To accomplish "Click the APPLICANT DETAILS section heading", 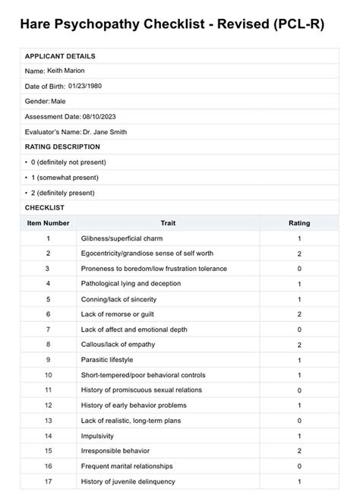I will (60, 57).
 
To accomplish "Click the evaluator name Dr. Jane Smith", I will (105, 131).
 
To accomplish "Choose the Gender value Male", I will (58, 102).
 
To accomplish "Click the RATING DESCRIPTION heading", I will (62, 147).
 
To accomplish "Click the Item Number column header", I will (48, 223).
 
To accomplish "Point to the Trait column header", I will (168, 223).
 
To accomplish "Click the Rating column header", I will (299, 223).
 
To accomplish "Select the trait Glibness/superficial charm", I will (123, 238).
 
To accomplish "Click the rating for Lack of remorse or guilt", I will (299, 314).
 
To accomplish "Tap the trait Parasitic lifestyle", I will (107, 360).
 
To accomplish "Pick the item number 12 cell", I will (48, 405).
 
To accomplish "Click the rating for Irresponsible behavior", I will (299, 451).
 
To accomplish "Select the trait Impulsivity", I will (98, 436).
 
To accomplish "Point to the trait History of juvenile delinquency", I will (128, 481).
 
